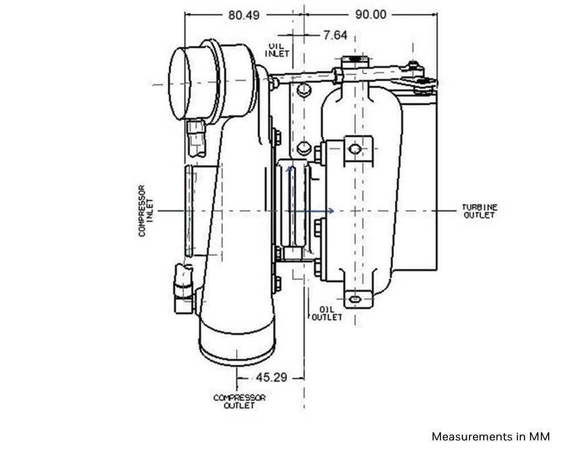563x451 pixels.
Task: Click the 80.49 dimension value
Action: pyautogui.click(x=244, y=15)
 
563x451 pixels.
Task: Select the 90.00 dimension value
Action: pyautogui.click(x=371, y=14)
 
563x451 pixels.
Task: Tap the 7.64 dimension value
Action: pyautogui.click(x=336, y=35)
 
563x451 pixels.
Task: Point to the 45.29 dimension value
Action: pyautogui.click(x=271, y=378)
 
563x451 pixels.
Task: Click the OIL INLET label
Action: pyautogui.click(x=277, y=50)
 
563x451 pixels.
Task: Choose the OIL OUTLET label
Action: pyautogui.click(x=327, y=314)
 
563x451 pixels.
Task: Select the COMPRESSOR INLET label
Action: pyautogui.click(x=146, y=211)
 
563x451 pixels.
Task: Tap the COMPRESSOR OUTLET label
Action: pyautogui.click(x=239, y=401)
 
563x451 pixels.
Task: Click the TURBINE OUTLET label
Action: pyautogui.click(x=479, y=211)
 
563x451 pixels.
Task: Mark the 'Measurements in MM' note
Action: pyautogui.click(x=491, y=437)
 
